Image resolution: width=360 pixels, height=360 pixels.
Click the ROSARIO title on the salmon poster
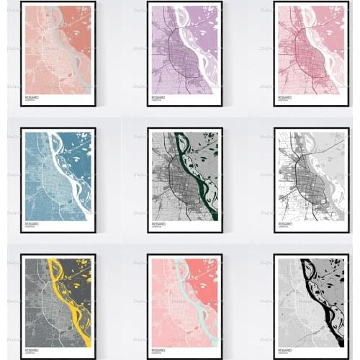point(32,96)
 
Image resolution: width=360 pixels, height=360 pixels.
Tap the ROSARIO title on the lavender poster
point(158,96)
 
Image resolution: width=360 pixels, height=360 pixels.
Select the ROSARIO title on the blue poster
point(32,223)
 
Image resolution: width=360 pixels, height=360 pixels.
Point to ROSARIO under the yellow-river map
point(32,349)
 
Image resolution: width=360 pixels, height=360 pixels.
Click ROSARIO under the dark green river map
point(158,223)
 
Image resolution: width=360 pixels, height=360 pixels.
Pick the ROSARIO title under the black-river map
point(286,349)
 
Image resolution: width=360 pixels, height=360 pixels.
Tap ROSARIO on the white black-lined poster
point(286,223)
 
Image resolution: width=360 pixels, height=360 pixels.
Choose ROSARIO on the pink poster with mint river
point(158,349)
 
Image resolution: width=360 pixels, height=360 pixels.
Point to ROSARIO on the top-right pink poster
point(286,96)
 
